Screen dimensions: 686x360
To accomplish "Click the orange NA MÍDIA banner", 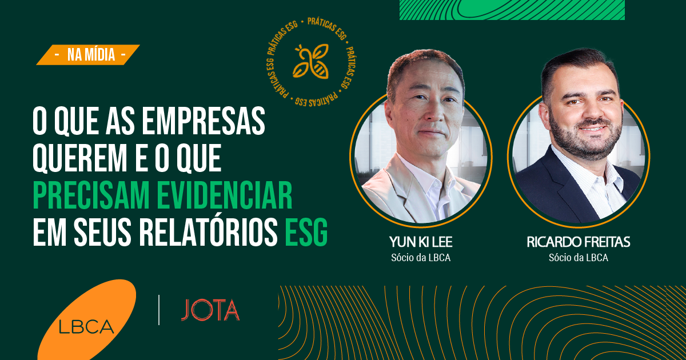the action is pyautogui.click(x=88, y=55).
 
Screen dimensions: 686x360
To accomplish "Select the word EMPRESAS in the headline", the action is pyautogui.click(x=204, y=121).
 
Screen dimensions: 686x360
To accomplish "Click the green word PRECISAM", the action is pyautogui.click(x=91, y=195).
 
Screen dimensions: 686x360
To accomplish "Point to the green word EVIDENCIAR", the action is pyautogui.click(x=225, y=195).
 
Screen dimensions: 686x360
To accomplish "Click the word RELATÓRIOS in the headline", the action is pyautogui.click(x=209, y=232).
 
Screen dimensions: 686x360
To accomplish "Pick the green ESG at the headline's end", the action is pyautogui.click(x=306, y=232).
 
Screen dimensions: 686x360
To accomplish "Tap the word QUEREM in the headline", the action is pyautogui.click(x=79, y=159).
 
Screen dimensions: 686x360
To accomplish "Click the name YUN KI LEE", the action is pyautogui.click(x=421, y=242).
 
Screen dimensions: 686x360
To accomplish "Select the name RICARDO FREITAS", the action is pyautogui.click(x=578, y=242).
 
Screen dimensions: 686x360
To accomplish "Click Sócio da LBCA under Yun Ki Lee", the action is pyautogui.click(x=421, y=258).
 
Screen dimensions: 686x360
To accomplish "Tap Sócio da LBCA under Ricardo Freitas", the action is pyautogui.click(x=578, y=258).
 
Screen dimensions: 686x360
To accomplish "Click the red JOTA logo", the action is pyautogui.click(x=210, y=310).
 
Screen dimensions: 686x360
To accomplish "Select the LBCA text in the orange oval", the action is pyautogui.click(x=86, y=327).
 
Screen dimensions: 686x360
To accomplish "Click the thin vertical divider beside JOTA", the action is pyautogui.click(x=159, y=310).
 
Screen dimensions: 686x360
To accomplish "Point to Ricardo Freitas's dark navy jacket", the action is pyautogui.click(x=551, y=193).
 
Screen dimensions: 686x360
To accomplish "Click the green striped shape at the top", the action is pyautogui.click(x=512, y=10).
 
